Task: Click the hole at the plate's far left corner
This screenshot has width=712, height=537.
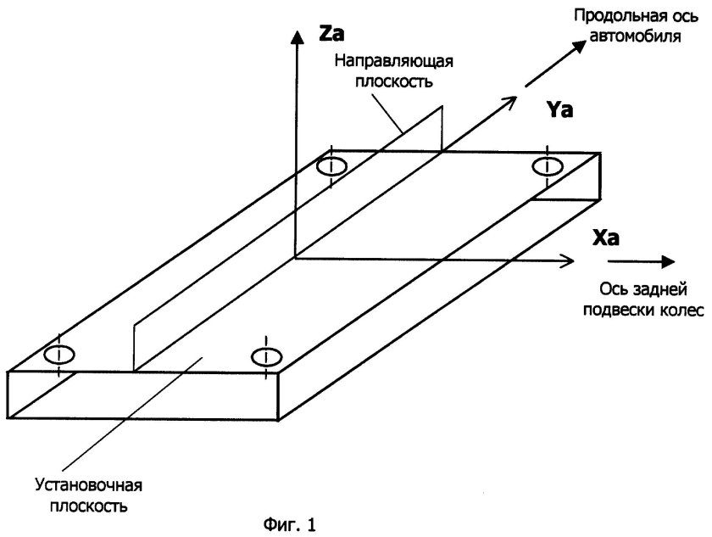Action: pos(331,166)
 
